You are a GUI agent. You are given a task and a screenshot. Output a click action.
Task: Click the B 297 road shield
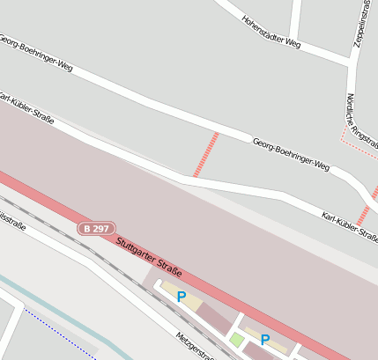tap(96, 229)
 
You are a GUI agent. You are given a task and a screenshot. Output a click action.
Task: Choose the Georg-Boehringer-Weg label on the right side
tap(291, 154)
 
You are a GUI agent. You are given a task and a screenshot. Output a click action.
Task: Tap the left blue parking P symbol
tap(182, 298)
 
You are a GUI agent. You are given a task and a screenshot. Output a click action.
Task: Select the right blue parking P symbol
tap(264, 339)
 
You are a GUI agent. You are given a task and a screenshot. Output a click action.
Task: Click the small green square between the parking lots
tap(236, 339)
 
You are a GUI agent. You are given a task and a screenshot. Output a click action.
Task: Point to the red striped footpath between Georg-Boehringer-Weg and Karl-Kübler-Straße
tap(205, 154)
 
